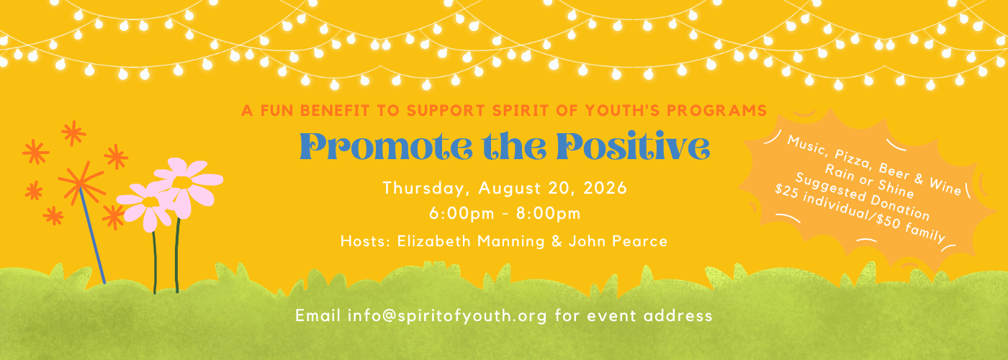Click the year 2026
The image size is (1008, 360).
click(606, 188)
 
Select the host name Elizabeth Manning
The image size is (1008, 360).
click(471, 241)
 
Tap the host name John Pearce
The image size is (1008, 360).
click(618, 241)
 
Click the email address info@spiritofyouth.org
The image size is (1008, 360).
click(447, 315)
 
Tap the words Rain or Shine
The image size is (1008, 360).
click(870, 181)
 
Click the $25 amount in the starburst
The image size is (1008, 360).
click(786, 192)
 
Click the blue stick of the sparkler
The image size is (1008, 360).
click(93, 236)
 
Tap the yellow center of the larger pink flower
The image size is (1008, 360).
click(182, 182)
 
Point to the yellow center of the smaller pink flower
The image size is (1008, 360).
click(150, 202)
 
